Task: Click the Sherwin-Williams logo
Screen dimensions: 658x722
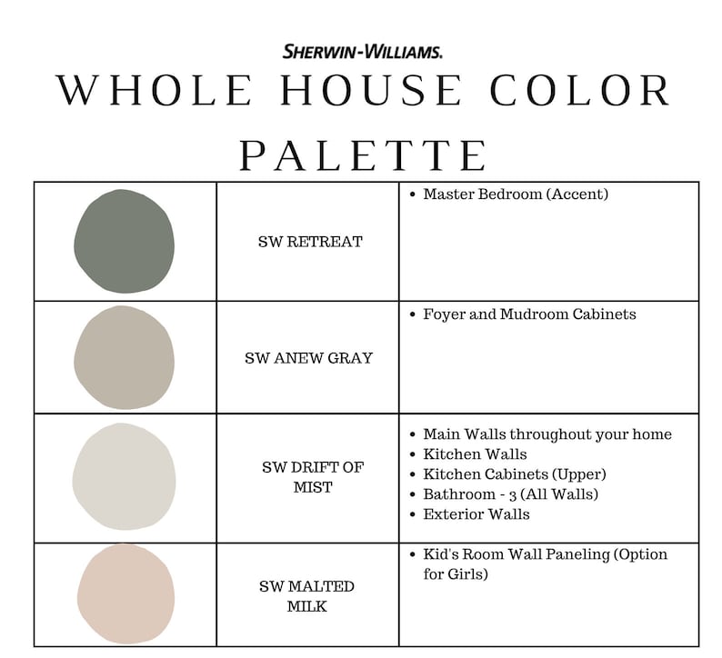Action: pos(363,52)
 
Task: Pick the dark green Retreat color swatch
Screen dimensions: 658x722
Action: pos(124,241)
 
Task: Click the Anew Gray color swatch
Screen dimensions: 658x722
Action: pos(124,357)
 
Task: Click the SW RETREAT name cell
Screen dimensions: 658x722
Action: pos(310,242)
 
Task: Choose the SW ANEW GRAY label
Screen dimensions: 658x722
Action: pos(308,358)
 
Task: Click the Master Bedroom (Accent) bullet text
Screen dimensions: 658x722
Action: pos(516,194)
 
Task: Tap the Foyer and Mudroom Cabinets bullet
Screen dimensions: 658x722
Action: pos(529,314)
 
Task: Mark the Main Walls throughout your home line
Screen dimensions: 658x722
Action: pos(547,434)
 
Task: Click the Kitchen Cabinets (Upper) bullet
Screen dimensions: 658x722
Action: pos(515,474)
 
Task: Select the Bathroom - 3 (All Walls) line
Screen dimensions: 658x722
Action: pos(510,494)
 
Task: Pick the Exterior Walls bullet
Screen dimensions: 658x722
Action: pos(476,514)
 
